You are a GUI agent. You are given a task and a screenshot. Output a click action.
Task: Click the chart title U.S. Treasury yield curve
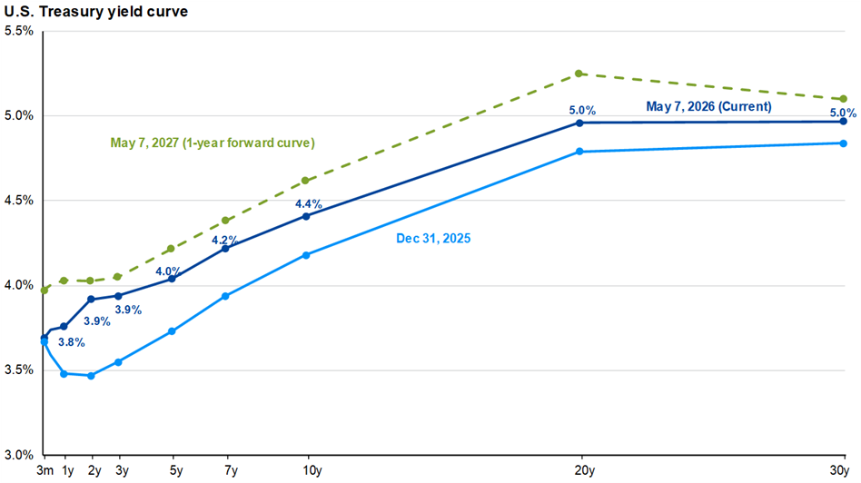pos(96,12)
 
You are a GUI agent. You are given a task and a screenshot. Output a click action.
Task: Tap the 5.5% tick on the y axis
pos(19,31)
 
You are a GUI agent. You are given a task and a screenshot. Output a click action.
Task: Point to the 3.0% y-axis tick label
pos(19,455)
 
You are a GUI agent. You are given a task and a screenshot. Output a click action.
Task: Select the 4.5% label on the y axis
pos(19,201)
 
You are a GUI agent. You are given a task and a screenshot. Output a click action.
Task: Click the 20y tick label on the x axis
pos(585,470)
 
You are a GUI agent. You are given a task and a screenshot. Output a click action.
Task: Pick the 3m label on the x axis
pos(45,470)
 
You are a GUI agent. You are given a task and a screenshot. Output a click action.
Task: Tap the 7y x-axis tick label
pos(232,470)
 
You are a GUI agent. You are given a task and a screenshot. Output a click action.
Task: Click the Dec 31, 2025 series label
pos(433,238)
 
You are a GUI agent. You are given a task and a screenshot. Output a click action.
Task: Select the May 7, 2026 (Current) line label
pos(709,106)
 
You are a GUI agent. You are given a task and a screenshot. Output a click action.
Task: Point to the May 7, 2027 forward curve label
pos(213,143)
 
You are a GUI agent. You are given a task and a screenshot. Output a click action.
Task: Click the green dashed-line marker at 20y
pos(579,74)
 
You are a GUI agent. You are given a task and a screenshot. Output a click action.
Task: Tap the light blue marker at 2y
pos(91,376)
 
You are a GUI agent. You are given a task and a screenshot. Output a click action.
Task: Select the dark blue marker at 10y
pos(306,216)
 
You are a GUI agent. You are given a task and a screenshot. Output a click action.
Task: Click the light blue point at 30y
pos(844,143)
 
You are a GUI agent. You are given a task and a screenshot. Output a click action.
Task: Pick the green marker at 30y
pos(844,99)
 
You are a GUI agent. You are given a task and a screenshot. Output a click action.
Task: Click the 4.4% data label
pos(309,204)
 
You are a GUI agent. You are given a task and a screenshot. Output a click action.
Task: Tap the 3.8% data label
pos(72,342)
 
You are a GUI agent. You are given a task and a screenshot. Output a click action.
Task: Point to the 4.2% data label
pos(225,241)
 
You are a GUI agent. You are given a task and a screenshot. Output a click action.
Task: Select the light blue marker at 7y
pos(225,296)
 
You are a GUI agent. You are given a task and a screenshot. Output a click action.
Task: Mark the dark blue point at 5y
pos(172,279)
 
